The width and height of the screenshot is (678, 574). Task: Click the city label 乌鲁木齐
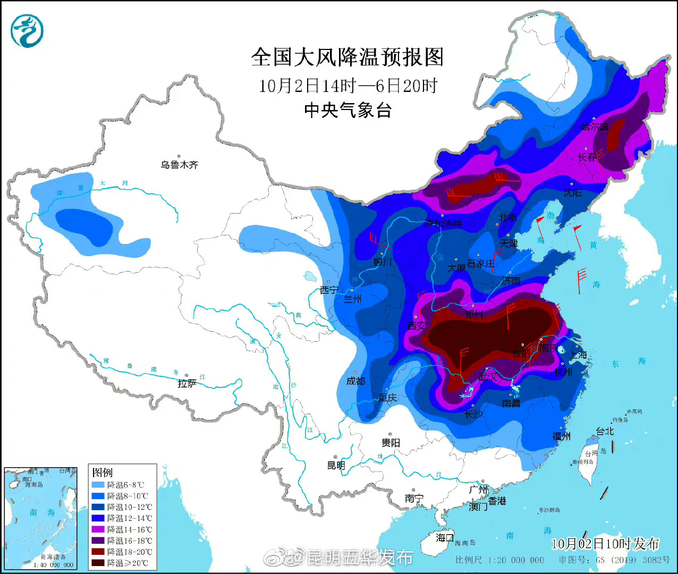coord(179,165)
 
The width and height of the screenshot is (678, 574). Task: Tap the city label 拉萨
coord(187,383)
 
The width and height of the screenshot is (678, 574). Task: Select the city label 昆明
coord(336,466)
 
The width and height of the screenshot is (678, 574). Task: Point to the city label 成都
coord(355,381)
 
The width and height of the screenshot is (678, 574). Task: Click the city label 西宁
coord(329,290)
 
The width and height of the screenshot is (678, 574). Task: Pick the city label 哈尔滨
coord(594,126)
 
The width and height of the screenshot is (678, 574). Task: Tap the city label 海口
coord(445,537)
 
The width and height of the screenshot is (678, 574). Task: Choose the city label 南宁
coord(414,498)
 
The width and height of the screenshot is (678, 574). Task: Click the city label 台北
coord(605,431)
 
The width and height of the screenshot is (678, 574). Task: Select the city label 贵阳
coord(391,442)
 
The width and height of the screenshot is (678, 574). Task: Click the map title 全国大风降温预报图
coord(348,57)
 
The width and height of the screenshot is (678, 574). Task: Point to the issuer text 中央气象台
coord(348,110)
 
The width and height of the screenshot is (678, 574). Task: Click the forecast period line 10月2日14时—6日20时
coord(348,86)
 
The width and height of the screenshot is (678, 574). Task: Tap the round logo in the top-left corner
coord(27,31)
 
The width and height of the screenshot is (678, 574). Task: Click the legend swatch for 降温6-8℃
coord(99,485)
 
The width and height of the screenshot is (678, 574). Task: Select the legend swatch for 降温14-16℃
coord(99,529)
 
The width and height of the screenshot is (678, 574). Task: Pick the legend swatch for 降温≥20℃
coord(99,563)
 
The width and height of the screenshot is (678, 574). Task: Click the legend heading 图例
coord(102,472)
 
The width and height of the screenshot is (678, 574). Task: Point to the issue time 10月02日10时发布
coord(605,544)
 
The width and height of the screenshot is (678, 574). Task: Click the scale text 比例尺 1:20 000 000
coord(499,560)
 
